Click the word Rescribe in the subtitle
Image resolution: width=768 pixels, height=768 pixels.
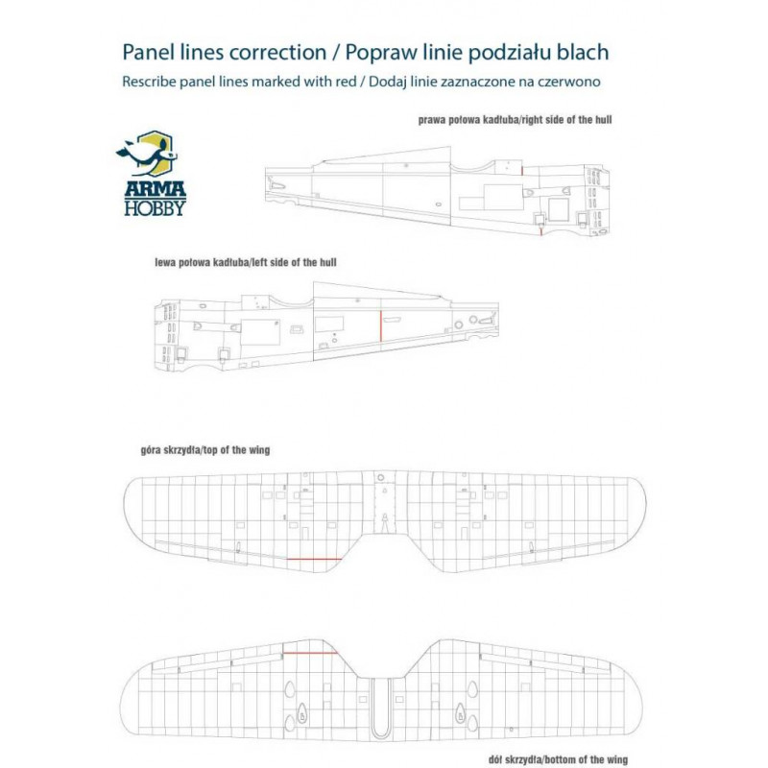point(150,83)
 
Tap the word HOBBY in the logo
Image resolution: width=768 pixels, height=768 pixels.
point(155,207)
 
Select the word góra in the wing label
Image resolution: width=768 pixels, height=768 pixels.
point(156,449)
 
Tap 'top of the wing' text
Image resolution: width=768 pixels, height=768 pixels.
point(240,449)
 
